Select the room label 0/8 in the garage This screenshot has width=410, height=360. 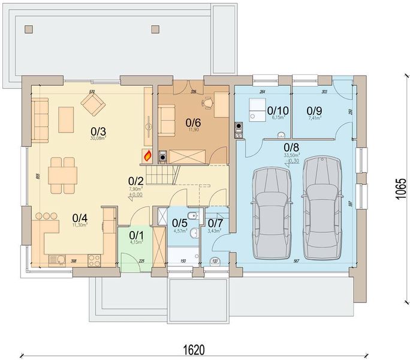coord(292,146)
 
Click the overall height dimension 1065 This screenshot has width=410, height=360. coord(401,190)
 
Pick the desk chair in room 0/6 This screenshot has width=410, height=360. coord(207,103)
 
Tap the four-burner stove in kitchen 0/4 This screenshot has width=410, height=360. coord(94,259)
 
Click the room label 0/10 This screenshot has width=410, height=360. coord(278,110)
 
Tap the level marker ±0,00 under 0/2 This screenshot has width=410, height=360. coord(136,194)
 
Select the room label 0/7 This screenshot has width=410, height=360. coord(215,223)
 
